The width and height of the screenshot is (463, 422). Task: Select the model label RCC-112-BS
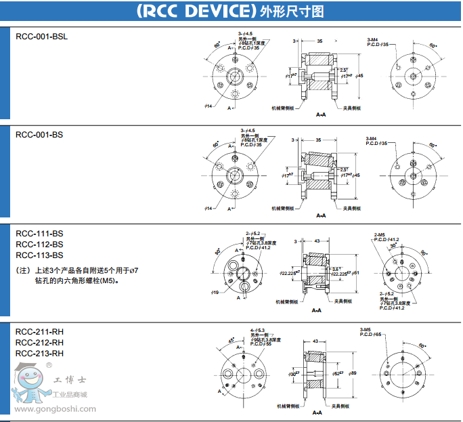[39, 244]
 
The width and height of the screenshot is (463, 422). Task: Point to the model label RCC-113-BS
[39, 255]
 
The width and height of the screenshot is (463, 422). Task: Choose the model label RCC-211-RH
[39, 331]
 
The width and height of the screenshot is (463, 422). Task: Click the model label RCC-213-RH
[39, 353]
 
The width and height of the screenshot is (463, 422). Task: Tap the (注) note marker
[22, 270]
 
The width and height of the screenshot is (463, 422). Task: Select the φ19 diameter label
[215, 292]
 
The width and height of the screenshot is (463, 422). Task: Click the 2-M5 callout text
[380, 234]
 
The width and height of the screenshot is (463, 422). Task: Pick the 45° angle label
[231, 340]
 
